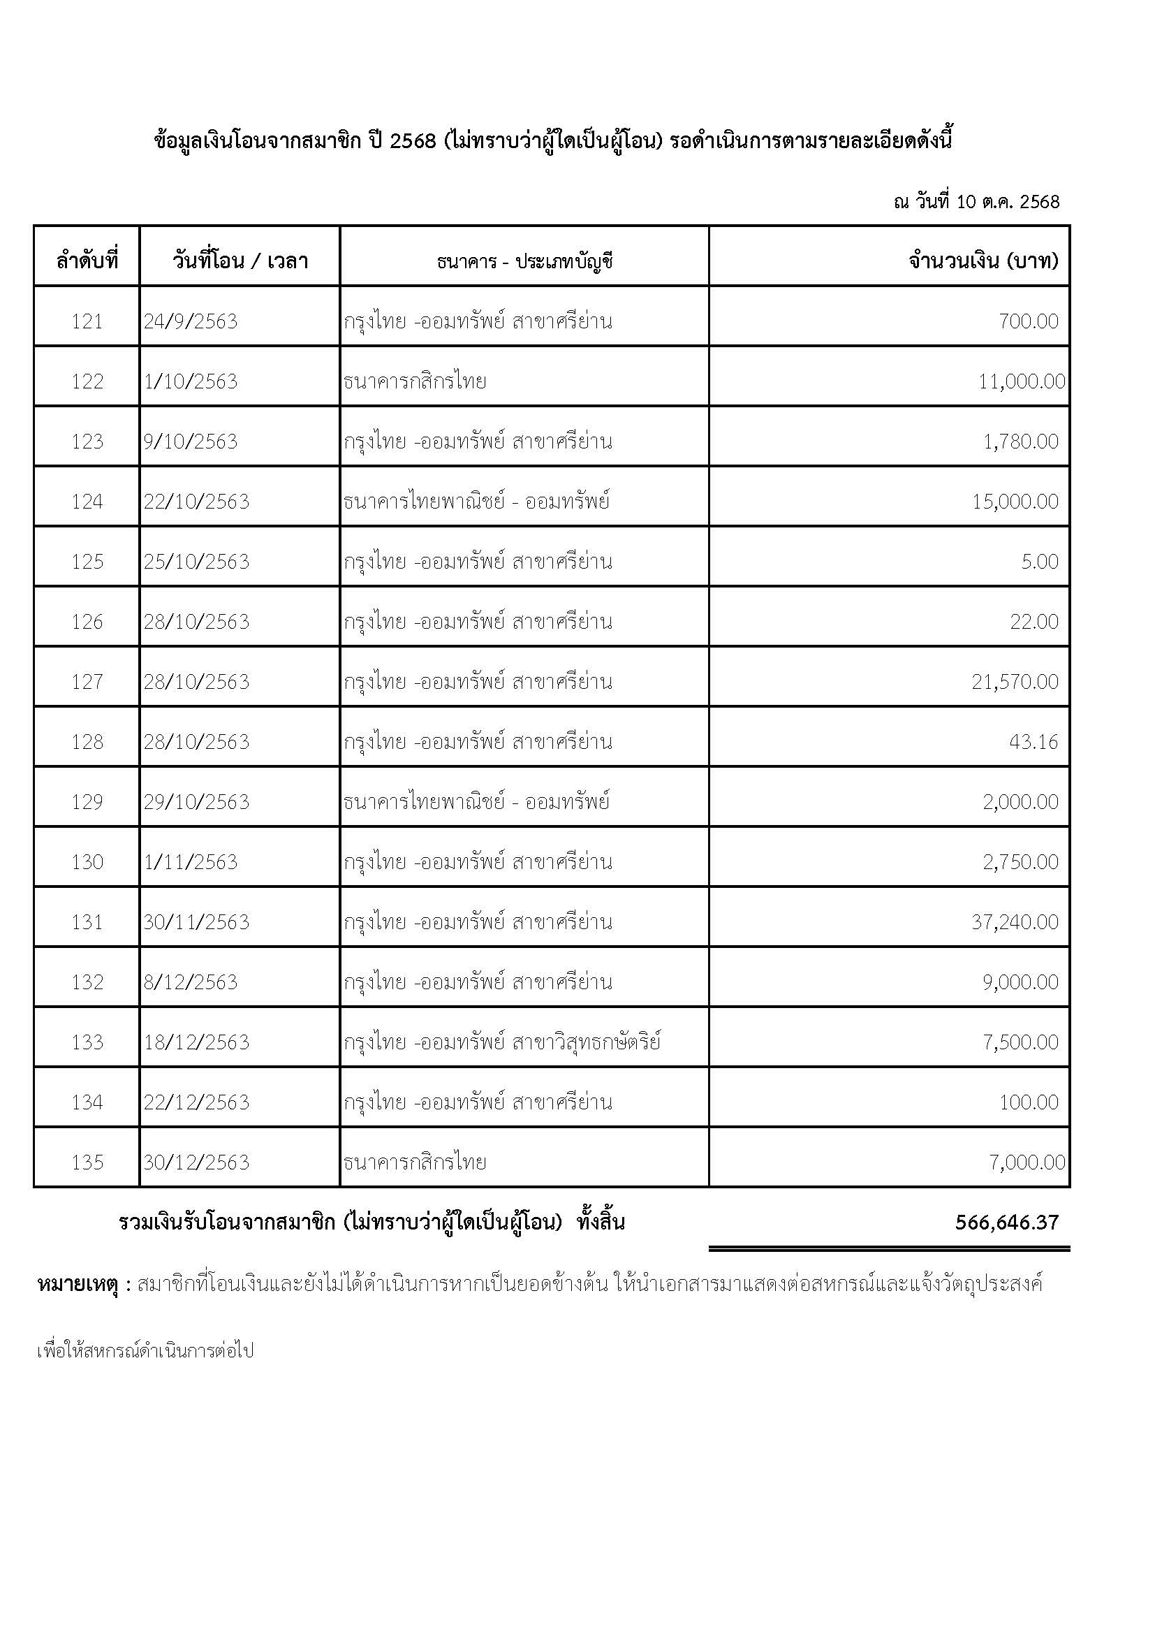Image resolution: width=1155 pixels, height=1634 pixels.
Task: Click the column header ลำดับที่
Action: click(87, 261)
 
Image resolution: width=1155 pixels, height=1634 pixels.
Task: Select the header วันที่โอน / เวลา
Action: click(240, 261)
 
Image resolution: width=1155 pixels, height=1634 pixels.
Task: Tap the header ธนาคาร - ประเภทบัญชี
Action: click(524, 261)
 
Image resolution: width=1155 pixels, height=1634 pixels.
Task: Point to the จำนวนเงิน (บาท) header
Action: click(983, 261)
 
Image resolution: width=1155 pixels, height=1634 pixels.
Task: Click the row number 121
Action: click(87, 321)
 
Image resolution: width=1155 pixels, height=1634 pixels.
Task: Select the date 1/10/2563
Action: click(191, 381)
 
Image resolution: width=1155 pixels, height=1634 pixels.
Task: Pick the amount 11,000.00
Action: click(1022, 381)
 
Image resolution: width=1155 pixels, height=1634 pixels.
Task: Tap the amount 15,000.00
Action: click(1015, 502)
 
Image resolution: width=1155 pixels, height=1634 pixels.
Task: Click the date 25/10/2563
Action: click(197, 562)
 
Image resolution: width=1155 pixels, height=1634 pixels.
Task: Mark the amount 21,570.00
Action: click(1015, 682)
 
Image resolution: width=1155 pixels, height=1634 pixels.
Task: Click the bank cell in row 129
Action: click(476, 802)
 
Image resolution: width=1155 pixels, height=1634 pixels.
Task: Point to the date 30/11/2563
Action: click(197, 922)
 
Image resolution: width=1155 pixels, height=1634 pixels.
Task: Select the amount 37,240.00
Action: click(1015, 922)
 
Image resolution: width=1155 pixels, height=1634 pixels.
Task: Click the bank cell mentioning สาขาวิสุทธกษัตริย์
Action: click(502, 1042)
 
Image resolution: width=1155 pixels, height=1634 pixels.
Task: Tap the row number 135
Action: click(87, 1163)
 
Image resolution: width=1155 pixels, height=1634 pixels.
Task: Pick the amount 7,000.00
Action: click(1027, 1163)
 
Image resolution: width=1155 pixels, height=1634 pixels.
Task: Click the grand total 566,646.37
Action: click(1007, 1223)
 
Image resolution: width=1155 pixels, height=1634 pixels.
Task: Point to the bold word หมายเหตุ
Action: click(79, 1285)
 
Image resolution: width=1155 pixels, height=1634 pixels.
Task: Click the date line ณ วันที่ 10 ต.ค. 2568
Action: click(976, 202)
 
